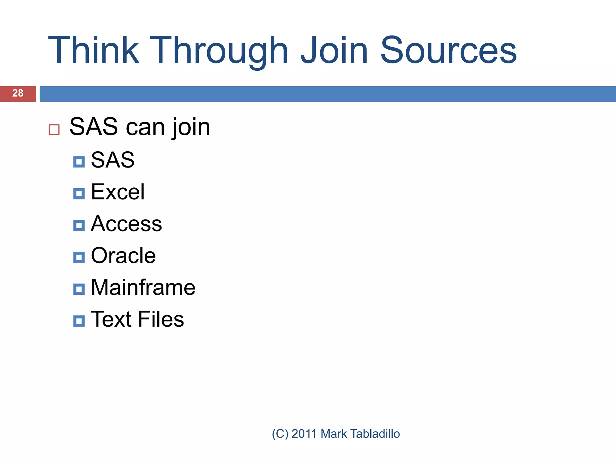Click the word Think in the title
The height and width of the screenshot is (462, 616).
coord(93,51)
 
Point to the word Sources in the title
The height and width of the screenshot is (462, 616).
coord(448,51)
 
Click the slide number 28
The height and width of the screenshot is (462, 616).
coord(18,93)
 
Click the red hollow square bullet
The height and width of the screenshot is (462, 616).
coord(54,130)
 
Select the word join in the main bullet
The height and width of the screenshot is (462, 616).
coord(191,128)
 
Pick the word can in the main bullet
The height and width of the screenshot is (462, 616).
coord(145,128)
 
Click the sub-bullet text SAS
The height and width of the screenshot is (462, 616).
coord(112,160)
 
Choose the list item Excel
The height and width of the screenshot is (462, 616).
coord(118,192)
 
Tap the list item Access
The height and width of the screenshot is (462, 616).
coord(126,224)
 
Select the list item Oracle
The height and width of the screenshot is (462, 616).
coord(123,256)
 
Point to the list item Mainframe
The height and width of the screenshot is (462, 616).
coord(143,288)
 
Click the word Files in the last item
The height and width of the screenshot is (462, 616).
coord(161,319)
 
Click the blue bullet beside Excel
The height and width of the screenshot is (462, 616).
coord(79,194)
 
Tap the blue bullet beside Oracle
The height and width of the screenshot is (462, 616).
coord(79,257)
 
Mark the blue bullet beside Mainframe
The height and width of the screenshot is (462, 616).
coord(79,289)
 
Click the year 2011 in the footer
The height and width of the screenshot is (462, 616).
coord(304,434)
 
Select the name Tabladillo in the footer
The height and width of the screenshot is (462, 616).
coord(375,434)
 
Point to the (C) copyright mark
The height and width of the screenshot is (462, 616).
coord(280,434)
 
